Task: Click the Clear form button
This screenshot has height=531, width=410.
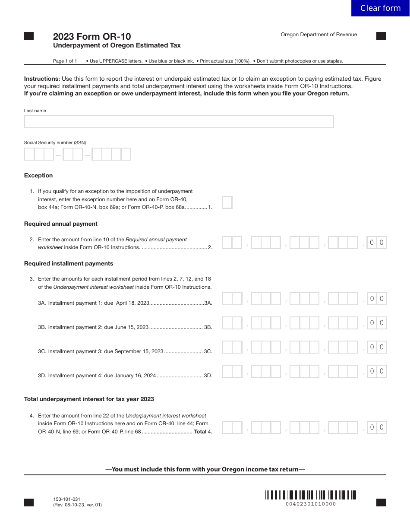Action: (380, 8)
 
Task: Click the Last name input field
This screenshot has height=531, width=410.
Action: (179, 122)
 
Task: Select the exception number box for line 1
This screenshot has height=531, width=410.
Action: (227, 202)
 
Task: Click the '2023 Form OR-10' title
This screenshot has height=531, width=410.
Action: (92, 37)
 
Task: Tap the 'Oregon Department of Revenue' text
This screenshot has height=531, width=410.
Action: (319, 35)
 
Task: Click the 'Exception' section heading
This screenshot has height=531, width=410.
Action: (38, 176)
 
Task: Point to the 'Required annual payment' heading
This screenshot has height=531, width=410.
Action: (61, 224)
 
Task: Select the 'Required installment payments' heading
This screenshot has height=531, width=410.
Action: (69, 264)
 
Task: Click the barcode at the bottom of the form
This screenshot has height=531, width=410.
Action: (310, 495)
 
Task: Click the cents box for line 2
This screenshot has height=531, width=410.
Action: (377, 243)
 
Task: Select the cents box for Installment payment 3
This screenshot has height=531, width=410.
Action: (377, 347)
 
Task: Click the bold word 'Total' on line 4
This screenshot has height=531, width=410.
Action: (200, 432)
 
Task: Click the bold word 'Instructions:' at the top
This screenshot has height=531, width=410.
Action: (42, 79)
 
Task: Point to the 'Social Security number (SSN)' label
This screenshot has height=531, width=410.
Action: (55, 143)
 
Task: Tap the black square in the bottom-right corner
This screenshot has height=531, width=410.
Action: (381, 503)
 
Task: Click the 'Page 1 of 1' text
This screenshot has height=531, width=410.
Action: (65, 61)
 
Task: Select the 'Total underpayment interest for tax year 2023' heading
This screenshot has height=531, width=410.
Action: (89, 399)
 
